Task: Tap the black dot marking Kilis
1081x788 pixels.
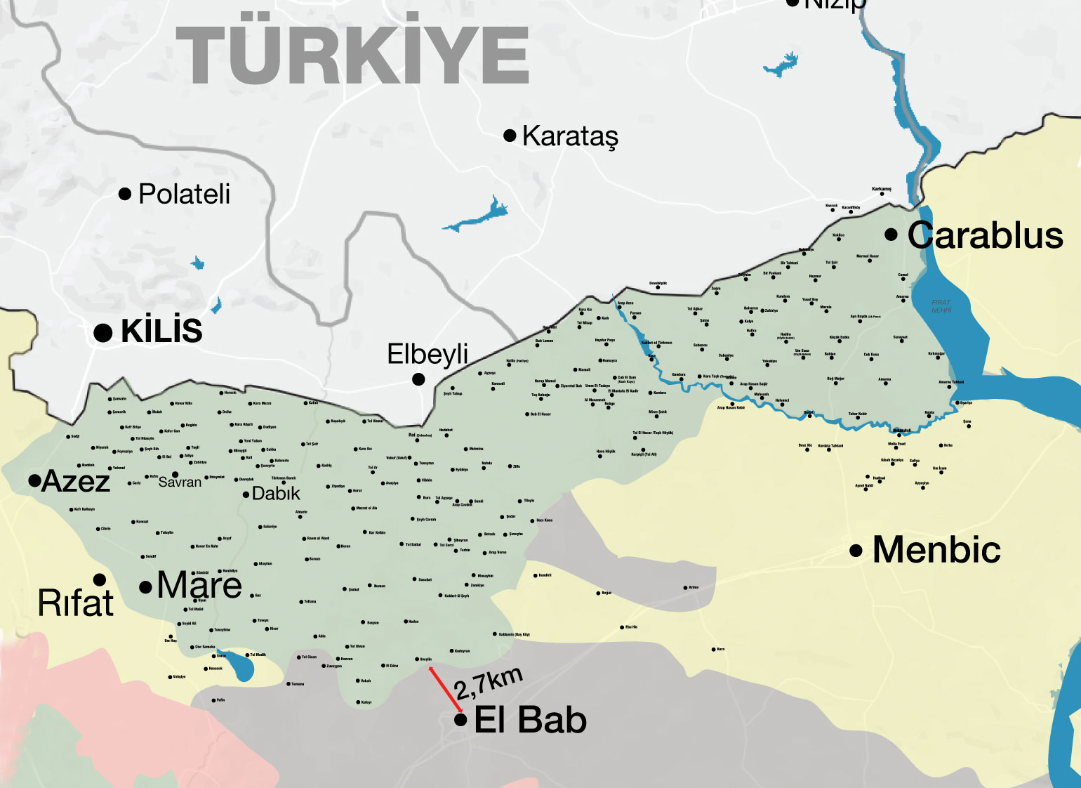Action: click(x=103, y=333)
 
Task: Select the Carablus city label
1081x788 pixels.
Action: click(x=985, y=235)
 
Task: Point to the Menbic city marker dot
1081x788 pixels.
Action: click(x=856, y=551)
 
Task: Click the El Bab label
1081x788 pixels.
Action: click(x=530, y=720)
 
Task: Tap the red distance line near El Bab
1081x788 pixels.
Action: click(x=445, y=690)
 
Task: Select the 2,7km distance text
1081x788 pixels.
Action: click(x=489, y=683)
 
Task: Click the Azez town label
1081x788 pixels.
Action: click(x=76, y=482)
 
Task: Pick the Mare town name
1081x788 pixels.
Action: click(x=199, y=585)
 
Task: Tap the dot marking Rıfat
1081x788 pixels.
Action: click(x=100, y=579)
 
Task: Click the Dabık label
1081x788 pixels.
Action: click(x=276, y=494)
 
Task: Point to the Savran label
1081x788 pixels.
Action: click(x=180, y=482)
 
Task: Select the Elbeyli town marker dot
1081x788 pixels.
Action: click(x=418, y=379)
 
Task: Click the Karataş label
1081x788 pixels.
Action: click(x=570, y=136)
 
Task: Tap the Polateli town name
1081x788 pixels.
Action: click(x=184, y=195)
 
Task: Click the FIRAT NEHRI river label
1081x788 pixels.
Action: click(x=941, y=306)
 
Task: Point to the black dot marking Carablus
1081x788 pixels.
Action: click(x=891, y=235)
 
